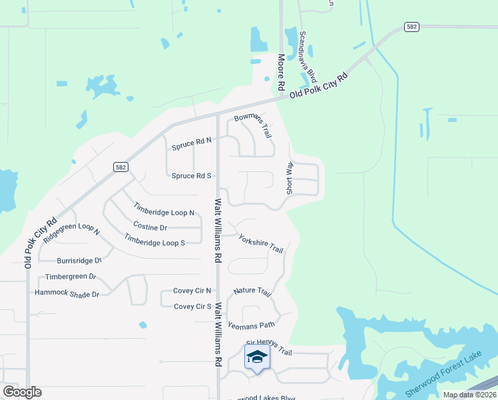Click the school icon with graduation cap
click(x=257, y=358)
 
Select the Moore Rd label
click(x=282, y=73)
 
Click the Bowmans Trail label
click(x=253, y=125)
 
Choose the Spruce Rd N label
click(x=191, y=142)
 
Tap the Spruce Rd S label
click(x=191, y=175)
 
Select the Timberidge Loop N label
click(x=164, y=209)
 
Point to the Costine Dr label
click(x=149, y=227)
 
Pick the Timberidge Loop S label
click(x=154, y=240)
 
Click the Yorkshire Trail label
click(x=261, y=243)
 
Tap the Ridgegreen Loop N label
click(x=71, y=230)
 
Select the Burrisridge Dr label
click(x=79, y=261)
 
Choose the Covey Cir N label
click(x=192, y=291)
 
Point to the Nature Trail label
click(x=252, y=292)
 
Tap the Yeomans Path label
click(x=251, y=325)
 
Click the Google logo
click(x=22, y=392)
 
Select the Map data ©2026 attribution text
click(x=469, y=395)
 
